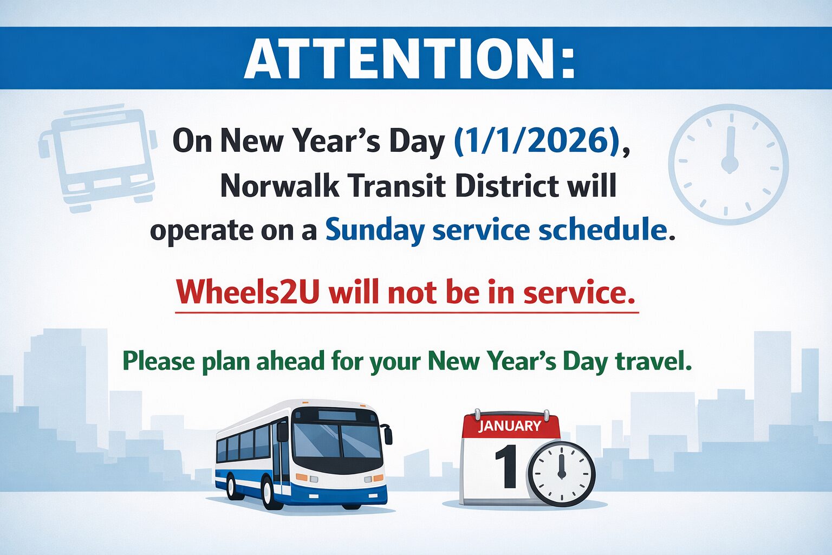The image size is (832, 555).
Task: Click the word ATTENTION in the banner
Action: pos(401,59)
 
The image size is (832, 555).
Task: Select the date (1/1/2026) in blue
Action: pos(537,141)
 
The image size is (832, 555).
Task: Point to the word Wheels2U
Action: pos(248,293)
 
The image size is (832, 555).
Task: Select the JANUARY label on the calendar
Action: pos(509,426)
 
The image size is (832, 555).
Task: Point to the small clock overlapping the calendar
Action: pos(561,473)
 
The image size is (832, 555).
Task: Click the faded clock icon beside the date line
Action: pos(729,164)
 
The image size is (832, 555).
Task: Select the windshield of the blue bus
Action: pos(337,441)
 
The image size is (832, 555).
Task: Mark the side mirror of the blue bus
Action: pos(387,435)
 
